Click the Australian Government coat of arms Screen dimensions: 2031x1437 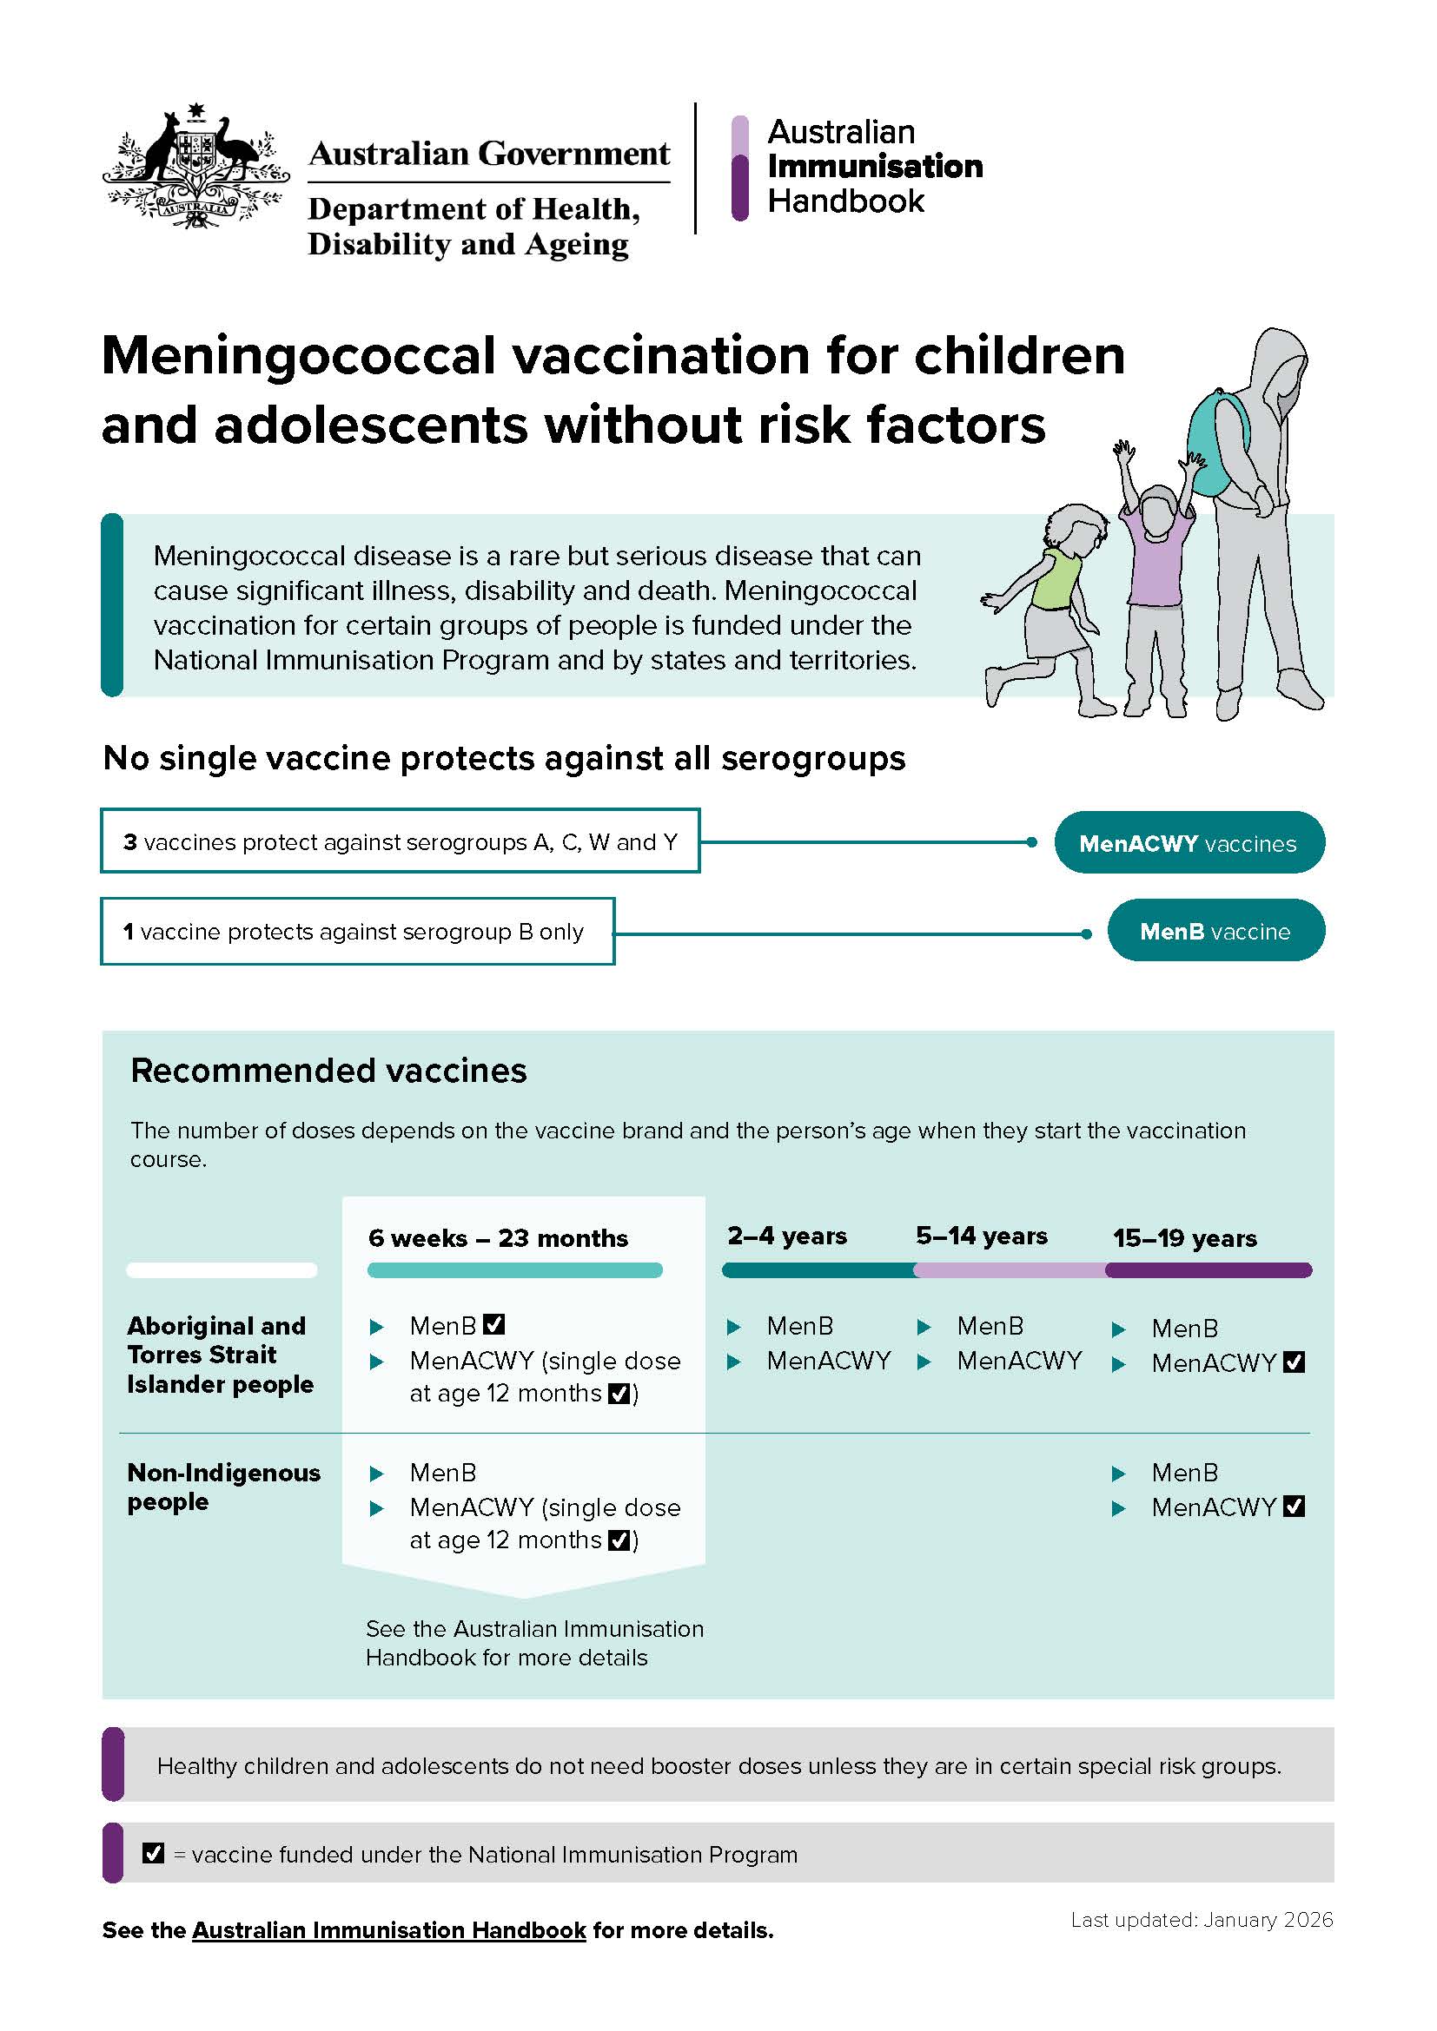[195, 168]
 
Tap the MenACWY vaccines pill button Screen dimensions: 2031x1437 [1189, 843]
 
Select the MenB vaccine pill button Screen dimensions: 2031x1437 [1215, 932]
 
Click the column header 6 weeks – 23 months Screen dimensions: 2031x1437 [497, 1237]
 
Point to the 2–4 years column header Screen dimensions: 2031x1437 [786, 1236]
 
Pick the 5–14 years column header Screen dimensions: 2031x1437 [981, 1236]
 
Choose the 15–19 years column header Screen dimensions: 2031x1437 [1184, 1238]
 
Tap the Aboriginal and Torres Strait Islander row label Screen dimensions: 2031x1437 [220, 1355]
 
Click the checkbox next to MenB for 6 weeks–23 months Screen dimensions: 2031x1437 [493, 1324]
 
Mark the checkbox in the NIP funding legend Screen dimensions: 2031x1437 [153, 1852]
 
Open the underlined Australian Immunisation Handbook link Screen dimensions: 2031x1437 [388, 1930]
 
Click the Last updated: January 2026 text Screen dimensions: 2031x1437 [1201, 1920]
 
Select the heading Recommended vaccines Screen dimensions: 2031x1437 [328, 1071]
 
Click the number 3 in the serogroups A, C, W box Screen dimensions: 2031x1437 [130, 842]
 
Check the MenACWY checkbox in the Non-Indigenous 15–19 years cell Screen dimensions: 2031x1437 [1294, 1506]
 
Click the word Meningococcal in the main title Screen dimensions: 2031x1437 [298, 357]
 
